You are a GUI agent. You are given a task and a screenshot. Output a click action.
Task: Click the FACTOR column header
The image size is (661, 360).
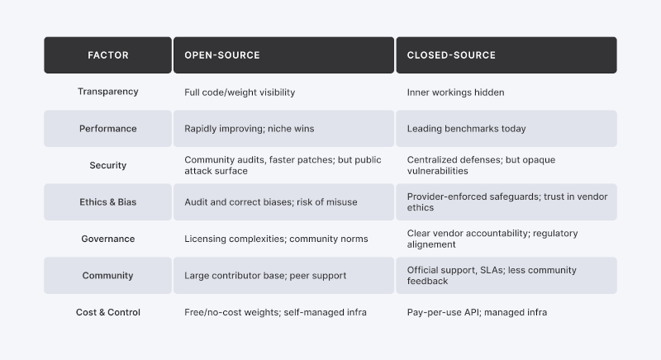pyautogui.click(x=108, y=55)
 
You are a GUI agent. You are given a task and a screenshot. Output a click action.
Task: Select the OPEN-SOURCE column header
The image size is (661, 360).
pyautogui.click(x=283, y=55)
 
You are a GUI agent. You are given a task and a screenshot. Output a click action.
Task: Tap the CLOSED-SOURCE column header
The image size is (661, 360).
pyautogui.click(x=506, y=55)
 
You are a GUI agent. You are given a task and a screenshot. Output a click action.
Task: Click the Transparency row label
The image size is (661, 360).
pyautogui.click(x=108, y=92)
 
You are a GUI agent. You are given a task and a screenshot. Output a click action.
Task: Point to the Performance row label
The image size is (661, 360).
pyautogui.click(x=108, y=129)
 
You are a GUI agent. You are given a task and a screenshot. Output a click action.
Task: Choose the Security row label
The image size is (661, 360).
pyautogui.click(x=108, y=165)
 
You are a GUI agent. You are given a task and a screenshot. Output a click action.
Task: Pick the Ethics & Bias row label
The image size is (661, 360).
pyautogui.click(x=108, y=202)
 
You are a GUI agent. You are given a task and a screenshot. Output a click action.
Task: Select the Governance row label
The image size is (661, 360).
pyautogui.click(x=108, y=239)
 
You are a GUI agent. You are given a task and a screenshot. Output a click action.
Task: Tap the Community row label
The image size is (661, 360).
pyautogui.click(x=108, y=276)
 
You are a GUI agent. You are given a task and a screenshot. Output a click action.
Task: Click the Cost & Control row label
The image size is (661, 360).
pyautogui.click(x=108, y=312)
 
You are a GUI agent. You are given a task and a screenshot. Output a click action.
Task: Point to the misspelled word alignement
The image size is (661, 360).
pyautogui.click(x=431, y=244)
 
